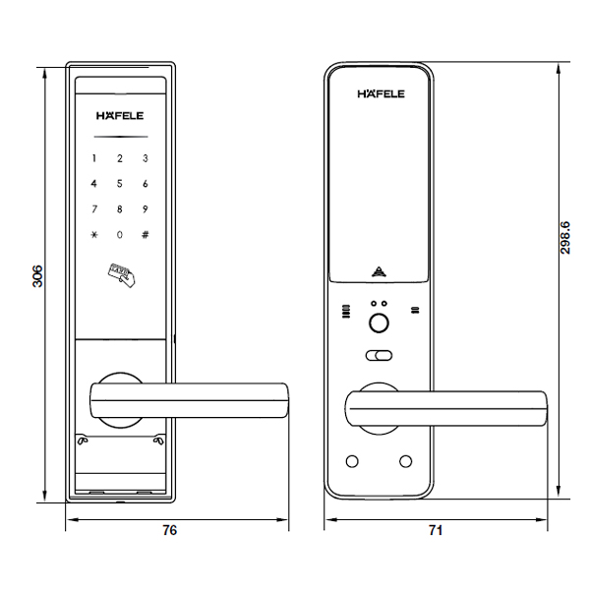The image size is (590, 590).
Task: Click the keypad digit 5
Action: [120, 183]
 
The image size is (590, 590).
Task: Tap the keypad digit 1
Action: [95, 158]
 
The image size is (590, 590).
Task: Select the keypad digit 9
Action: [145, 208]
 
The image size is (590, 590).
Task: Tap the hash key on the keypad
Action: [145, 235]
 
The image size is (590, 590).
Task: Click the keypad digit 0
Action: [120, 235]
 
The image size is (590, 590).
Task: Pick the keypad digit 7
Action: [95, 208]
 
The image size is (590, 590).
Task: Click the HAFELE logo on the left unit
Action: [121, 114]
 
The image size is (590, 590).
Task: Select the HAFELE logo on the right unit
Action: [381, 94]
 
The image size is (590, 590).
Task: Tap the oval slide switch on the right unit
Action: [380, 356]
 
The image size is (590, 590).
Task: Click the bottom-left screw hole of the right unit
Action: [352, 462]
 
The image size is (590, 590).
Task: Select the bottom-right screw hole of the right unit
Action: [405, 462]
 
